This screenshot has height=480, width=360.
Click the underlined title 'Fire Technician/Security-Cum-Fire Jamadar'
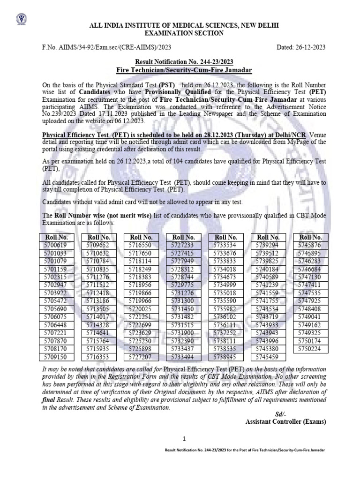point(184,70)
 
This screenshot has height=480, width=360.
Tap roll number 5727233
point(183,245)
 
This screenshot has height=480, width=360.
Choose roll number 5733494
point(183,357)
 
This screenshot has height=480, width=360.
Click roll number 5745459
point(268,357)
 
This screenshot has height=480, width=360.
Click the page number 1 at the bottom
point(184,439)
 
